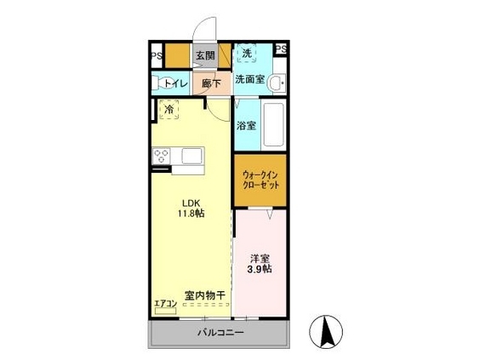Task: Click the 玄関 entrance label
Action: (205, 55)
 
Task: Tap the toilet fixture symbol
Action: (163, 83)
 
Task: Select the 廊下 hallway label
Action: (212, 83)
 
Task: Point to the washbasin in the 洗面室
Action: (277, 83)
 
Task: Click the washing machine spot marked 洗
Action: (247, 54)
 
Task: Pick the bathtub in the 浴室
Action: (273, 124)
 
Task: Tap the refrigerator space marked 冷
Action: (169, 109)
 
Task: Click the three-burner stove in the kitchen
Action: (162, 156)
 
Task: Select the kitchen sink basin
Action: (192, 156)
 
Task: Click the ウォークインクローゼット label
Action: (260, 180)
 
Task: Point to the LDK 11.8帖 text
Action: (191, 209)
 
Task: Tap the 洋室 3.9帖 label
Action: (260, 264)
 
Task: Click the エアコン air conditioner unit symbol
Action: (166, 311)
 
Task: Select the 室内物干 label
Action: (205, 295)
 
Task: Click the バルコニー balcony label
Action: (220, 333)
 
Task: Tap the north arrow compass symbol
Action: (326, 332)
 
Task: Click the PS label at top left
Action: (157, 56)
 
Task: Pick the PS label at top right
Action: (282, 49)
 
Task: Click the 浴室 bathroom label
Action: (247, 125)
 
